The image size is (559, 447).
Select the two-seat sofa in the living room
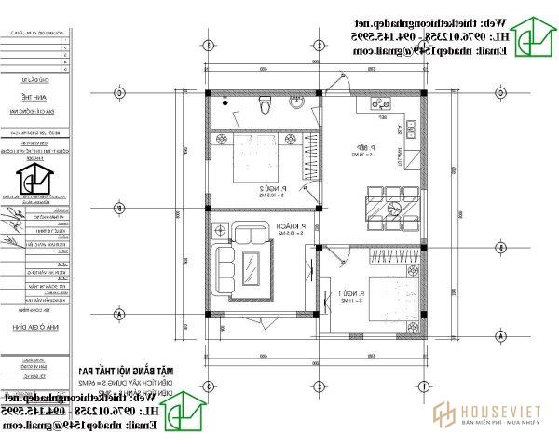(x=249, y=234)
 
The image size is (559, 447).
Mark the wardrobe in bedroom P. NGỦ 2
(x=312, y=157)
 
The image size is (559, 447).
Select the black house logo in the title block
(x=34, y=177)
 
